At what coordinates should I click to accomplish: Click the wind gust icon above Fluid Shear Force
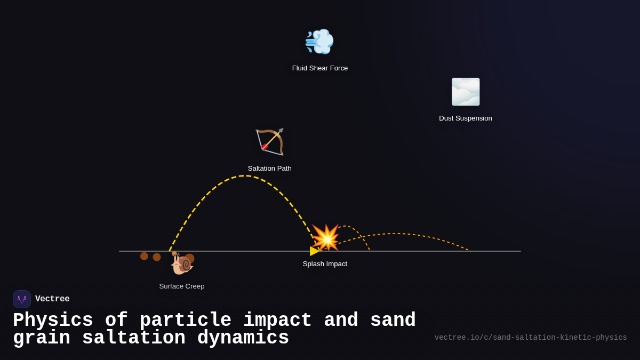click(x=319, y=42)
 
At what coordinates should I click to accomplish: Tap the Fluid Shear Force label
click(x=320, y=68)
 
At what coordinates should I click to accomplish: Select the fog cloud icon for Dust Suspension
click(x=466, y=92)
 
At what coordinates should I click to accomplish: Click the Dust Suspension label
click(x=466, y=118)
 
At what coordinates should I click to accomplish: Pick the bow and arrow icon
click(x=270, y=142)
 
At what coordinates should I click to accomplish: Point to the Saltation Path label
click(x=270, y=169)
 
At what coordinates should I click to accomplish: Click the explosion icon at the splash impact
click(x=326, y=237)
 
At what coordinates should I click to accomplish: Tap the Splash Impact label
click(x=325, y=264)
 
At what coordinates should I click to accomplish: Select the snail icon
click(x=181, y=263)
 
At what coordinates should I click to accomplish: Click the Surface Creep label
click(x=182, y=286)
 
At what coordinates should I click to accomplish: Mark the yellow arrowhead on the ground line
click(x=314, y=251)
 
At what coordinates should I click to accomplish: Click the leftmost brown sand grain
click(x=144, y=256)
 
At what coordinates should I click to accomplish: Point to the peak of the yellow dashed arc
click(x=244, y=176)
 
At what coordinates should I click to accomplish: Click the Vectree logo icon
click(x=22, y=299)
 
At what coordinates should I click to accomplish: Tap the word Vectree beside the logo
click(x=52, y=299)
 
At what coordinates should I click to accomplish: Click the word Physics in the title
click(x=53, y=321)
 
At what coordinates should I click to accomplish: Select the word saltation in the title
click(x=133, y=338)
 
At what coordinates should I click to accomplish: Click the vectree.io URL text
click(x=531, y=338)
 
